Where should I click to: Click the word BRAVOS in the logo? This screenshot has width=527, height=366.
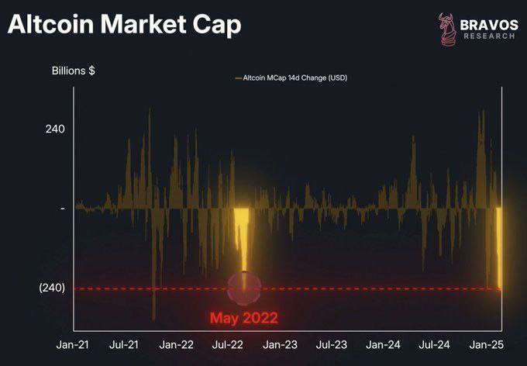(489, 24)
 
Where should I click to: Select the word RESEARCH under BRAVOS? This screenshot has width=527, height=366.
(489, 37)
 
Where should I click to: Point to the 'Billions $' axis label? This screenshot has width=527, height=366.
(74, 71)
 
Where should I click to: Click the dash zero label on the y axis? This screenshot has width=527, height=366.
(63, 209)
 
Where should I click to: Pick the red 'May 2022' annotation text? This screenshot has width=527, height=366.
(243, 317)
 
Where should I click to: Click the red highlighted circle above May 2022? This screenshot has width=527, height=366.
(245, 288)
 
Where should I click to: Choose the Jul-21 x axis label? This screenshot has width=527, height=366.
(124, 344)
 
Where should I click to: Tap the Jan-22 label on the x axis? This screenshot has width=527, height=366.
(177, 344)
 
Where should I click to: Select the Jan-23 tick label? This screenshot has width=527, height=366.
(281, 344)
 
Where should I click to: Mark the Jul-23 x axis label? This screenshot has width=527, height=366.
(332, 344)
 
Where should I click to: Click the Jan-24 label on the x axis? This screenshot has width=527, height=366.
(384, 344)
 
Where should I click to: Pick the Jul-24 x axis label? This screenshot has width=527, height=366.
(435, 344)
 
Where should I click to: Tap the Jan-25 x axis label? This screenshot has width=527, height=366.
(487, 344)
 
